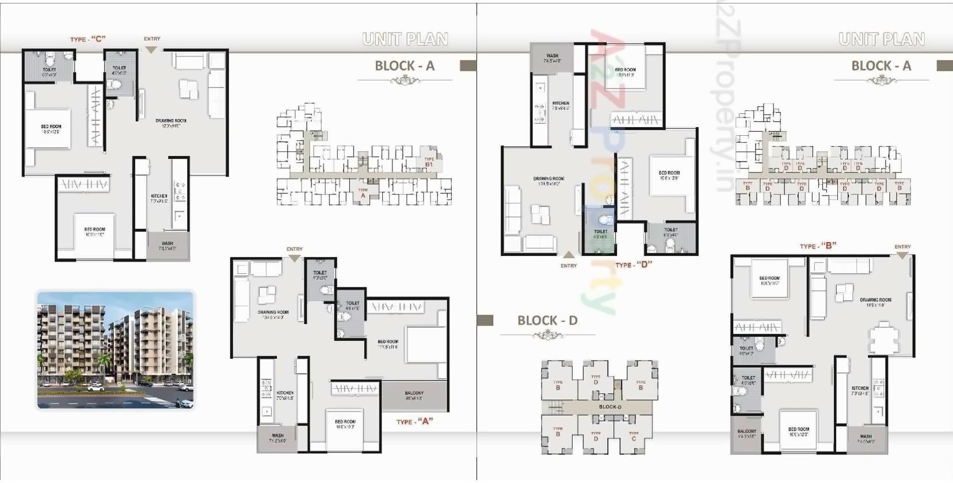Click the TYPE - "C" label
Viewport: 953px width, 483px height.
(x=87, y=39)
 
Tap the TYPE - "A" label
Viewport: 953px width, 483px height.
(x=414, y=421)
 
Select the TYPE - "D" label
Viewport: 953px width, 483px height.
(x=634, y=265)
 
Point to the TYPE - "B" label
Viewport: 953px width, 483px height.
(x=818, y=246)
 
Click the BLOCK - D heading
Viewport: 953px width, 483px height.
(x=547, y=321)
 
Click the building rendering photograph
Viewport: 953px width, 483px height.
(x=116, y=350)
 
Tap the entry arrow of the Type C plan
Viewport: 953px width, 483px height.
(x=151, y=50)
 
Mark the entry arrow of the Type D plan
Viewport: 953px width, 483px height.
(x=569, y=255)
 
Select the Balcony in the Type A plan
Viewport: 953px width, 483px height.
(x=414, y=396)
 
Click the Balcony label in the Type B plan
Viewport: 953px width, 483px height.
(x=746, y=433)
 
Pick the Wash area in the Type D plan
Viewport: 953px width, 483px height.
(x=551, y=57)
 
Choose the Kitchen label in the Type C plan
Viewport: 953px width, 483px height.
(x=159, y=198)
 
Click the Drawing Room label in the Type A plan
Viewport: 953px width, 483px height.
(x=273, y=315)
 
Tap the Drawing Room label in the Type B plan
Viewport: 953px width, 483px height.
(x=875, y=302)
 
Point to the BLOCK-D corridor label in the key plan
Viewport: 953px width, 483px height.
(x=610, y=407)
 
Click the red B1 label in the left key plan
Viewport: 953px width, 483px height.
(x=429, y=164)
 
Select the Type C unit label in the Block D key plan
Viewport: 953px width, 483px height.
(x=634, y=436)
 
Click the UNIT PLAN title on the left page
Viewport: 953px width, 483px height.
(x=405, y=39)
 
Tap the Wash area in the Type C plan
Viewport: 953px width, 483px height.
(x=167, y=246)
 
